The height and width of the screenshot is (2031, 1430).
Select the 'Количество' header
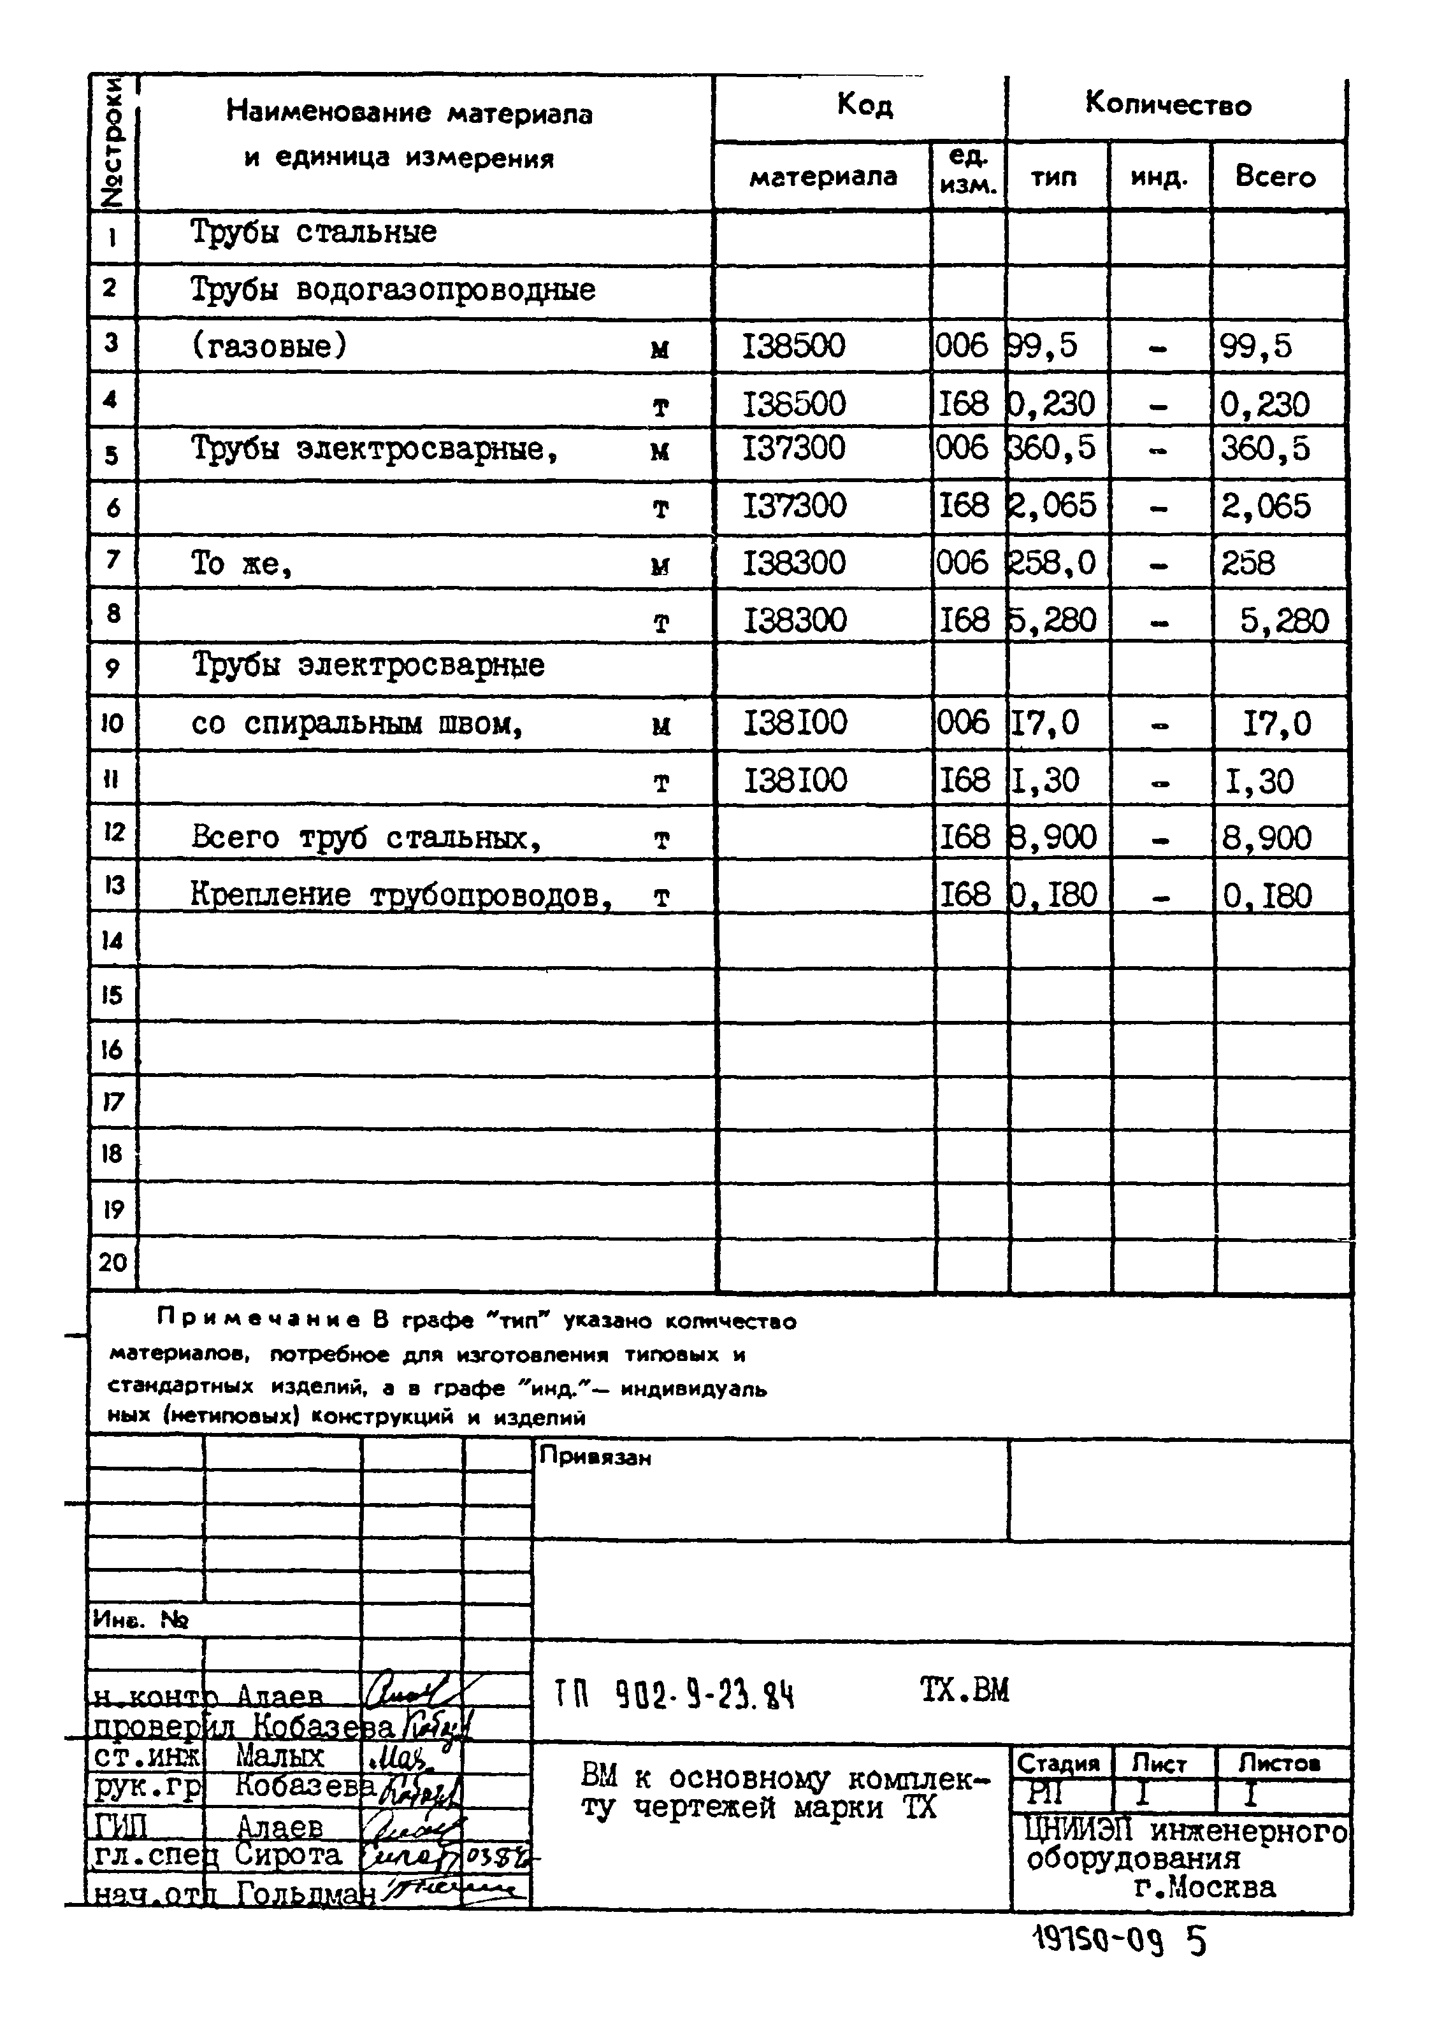click(1168, 104)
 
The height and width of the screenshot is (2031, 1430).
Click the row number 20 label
click(112, 1262)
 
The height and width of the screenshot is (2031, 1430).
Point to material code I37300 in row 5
click(794, 448)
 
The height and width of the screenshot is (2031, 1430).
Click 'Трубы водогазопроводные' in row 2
click(393, 289)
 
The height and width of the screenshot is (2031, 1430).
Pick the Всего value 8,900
click(1266, 837)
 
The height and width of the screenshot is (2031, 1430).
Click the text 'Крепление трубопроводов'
click(401, 895)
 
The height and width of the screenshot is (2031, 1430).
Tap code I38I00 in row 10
click(795, 723)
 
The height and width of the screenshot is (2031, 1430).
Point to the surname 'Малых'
click(280, 1756)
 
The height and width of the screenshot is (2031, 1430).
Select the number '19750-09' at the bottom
click(1097, 1942)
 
